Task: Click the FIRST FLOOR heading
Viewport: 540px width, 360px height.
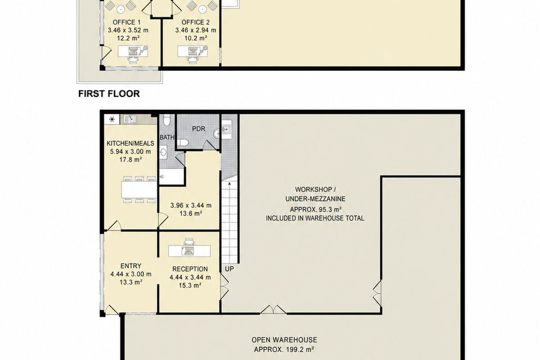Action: click(x=109, y=94)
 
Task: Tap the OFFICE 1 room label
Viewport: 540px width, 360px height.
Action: click(x=126, y=22)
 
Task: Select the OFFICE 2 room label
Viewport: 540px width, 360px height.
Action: click(x=195, y=22)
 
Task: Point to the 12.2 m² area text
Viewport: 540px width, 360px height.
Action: click(x=129, y=38)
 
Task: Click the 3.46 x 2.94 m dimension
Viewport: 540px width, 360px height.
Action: click(x=195, y=31)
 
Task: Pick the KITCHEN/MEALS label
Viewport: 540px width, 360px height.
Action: click(x=130, y=144)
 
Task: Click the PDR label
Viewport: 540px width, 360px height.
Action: click(x=198, y=129)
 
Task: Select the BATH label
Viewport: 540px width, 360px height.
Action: click(x=167, y=137)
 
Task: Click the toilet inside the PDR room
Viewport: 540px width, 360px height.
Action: click(x=183, y=143)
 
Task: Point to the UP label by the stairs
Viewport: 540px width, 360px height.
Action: click(x=229, y=269)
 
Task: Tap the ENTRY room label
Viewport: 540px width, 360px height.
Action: click(x=130, y=266)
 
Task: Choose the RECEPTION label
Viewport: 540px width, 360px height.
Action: click(x=190, y=269)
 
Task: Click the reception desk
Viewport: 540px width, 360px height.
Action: click(x=189, y=251)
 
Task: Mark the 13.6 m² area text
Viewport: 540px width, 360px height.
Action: click(x=191, y=214)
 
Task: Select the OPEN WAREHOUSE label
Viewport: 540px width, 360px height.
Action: click(x=284, y=340)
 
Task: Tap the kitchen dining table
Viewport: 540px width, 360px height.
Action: click(x=139, y=189)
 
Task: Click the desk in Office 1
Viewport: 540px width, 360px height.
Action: click(x=133, y=51)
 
